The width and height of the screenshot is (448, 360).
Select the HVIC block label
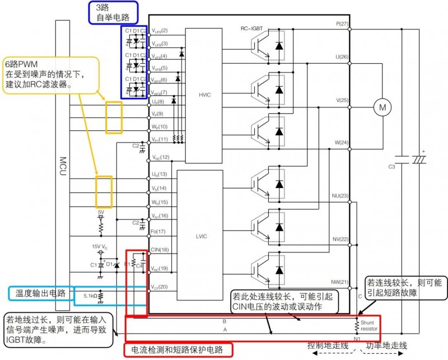click(x=204, y=95)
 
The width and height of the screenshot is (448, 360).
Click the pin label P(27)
click(x=342, y=24)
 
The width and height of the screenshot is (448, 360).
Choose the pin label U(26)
click(x=342, y=57)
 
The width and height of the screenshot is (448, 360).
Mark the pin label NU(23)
click(x=340, y=196)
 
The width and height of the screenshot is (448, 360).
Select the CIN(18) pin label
click(x=160, y=250)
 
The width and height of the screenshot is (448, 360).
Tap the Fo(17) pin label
click(x=159, y=231)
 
